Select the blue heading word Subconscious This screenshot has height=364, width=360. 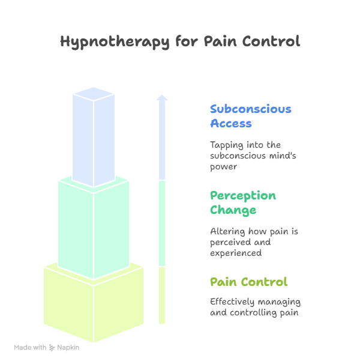click(250, 109)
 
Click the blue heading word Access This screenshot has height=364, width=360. click(230, 124)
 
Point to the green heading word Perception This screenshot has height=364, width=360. click(242, 196)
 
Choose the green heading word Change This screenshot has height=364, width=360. click(233, 210)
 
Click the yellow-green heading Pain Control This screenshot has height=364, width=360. click(248, 282)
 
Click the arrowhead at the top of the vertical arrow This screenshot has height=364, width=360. click(162, 97)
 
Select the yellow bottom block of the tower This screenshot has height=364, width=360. click(93, 303)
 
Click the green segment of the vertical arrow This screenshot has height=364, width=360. click(162, 222)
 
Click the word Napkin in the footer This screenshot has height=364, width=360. click(68, 347)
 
